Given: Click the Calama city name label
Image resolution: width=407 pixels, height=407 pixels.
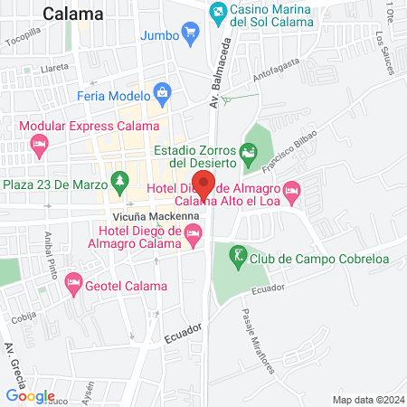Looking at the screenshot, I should click(73, 14).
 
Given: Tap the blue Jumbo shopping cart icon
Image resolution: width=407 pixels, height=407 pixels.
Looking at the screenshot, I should click(190, 35).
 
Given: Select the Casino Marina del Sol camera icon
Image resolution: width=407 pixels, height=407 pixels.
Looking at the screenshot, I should click(218, 14).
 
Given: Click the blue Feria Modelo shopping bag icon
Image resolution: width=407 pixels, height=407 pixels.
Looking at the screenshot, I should click(162, 91).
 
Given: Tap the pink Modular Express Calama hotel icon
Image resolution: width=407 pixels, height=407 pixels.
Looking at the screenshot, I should click(39, 143).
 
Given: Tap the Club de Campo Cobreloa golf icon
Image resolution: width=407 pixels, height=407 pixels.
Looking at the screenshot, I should click(238, 257).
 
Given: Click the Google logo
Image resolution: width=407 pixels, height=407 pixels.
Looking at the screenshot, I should click(30, 395).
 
